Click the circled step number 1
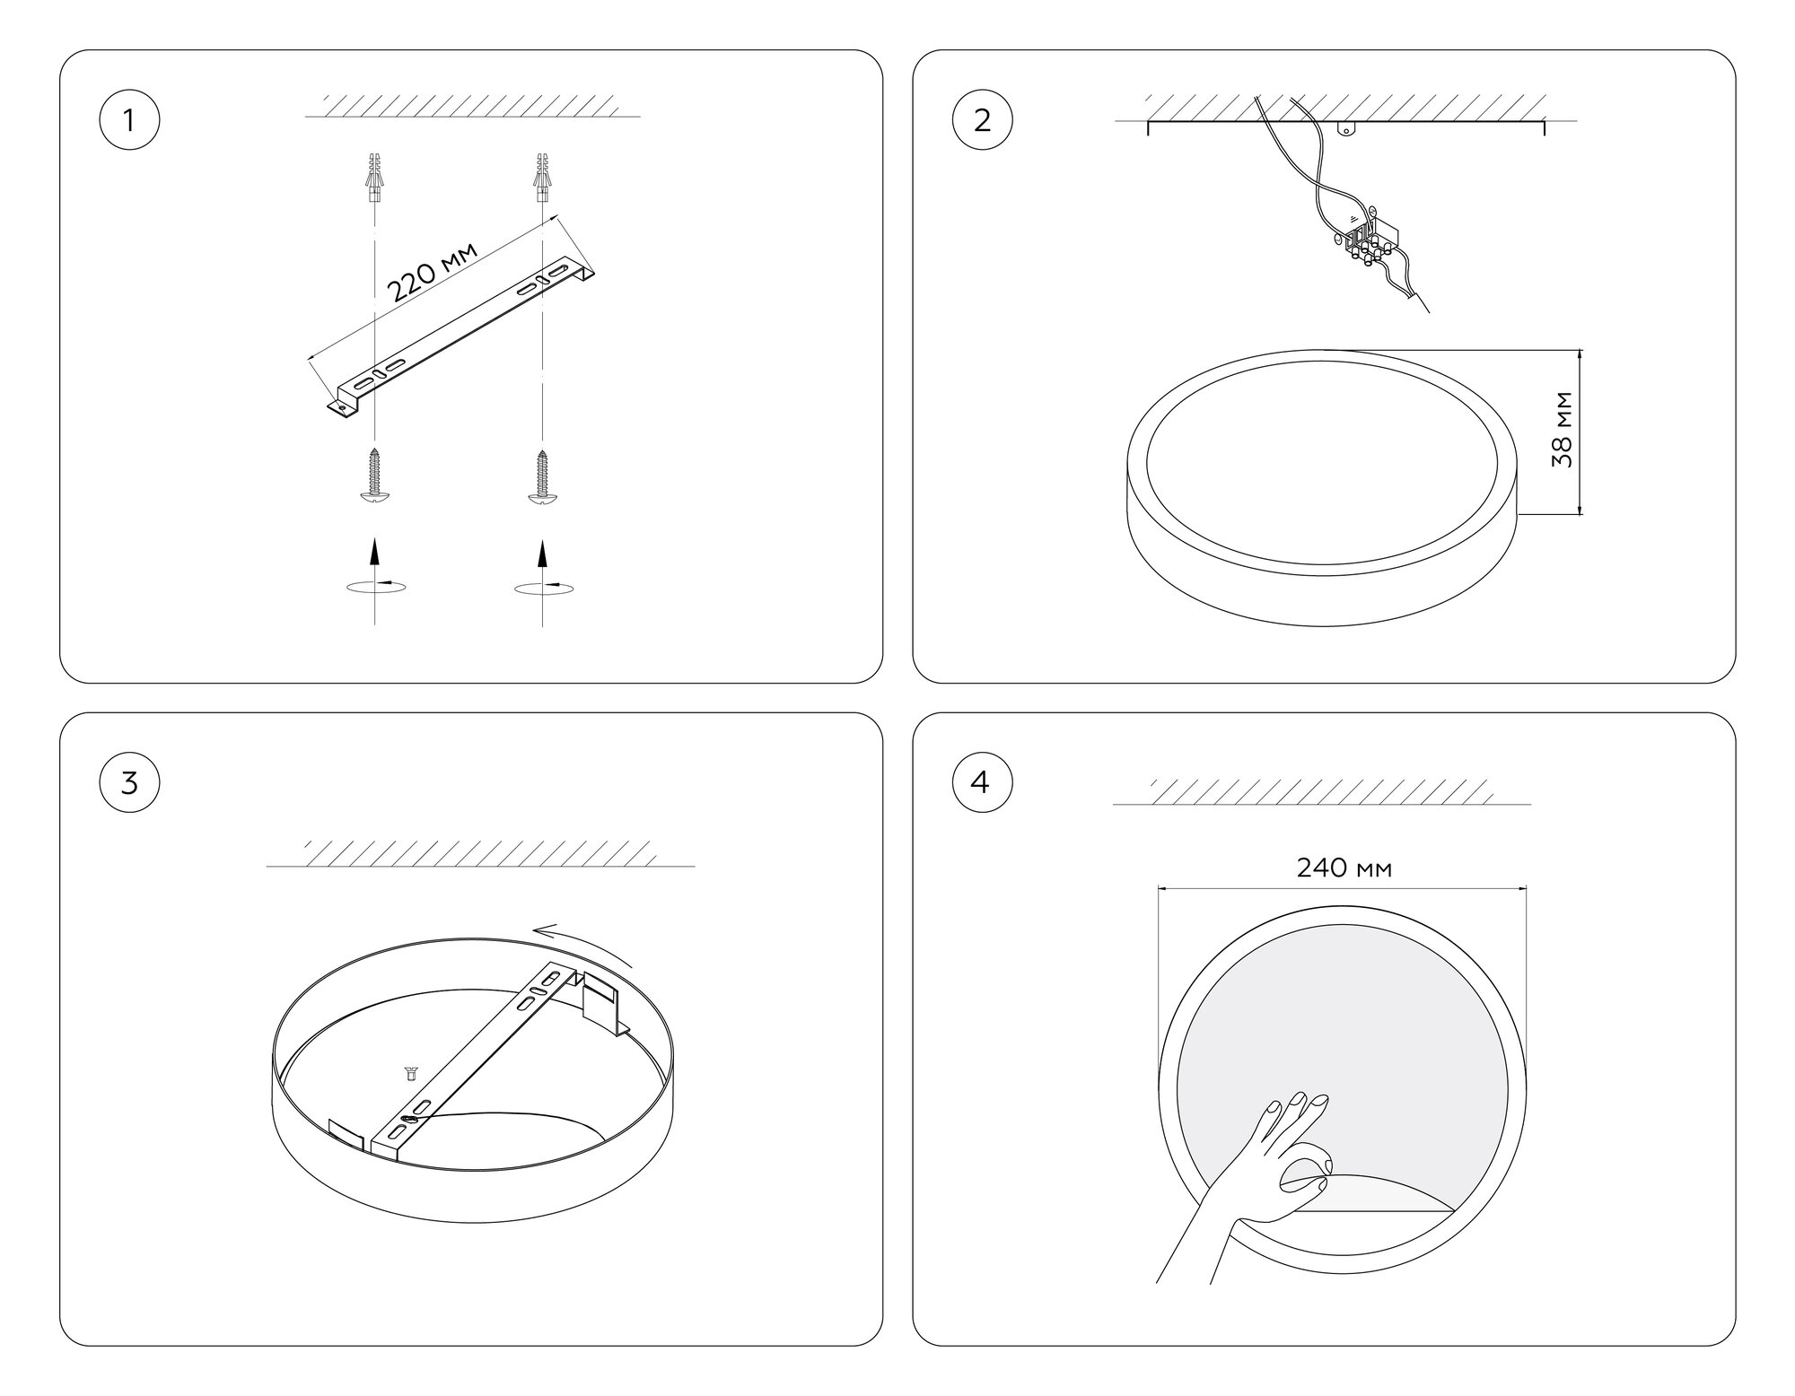[x=129, y=119]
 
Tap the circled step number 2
[x=982, y=119]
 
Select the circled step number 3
[x=129, y=782]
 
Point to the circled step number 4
[x=982, y=782]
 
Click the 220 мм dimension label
[x=431, y=271]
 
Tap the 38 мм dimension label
[x=1563, y=429]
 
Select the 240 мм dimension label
[x=1344, y=868]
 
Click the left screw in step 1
[x=374, y=476]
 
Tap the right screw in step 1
[x=541, y=476]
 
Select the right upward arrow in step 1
[x=541, y=553]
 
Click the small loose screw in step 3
[x=410, y=1071]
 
